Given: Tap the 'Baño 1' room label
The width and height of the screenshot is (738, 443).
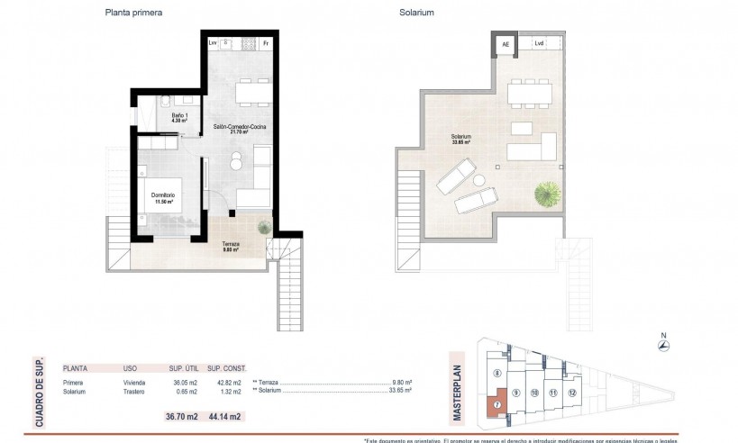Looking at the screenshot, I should [179, 115].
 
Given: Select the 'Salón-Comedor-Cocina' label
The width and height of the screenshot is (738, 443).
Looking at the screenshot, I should [239, 128].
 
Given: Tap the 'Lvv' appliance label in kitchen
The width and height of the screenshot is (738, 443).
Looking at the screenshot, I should [214, 43].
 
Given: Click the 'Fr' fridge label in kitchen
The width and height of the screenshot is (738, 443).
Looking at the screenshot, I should [266, 43].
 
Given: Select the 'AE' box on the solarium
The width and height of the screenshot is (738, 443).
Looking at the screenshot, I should [506, 43].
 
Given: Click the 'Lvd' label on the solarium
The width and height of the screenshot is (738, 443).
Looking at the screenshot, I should [539, 43].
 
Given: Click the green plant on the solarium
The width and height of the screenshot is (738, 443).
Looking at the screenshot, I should [546, 193].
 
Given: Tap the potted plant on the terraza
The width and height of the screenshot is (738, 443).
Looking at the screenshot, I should [264, 227].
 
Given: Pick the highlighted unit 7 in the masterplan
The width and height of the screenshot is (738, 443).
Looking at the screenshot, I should [497, 405].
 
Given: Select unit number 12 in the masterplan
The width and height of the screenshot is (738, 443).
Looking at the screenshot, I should [572, 393].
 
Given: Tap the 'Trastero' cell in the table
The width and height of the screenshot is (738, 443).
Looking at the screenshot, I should [136, 391].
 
